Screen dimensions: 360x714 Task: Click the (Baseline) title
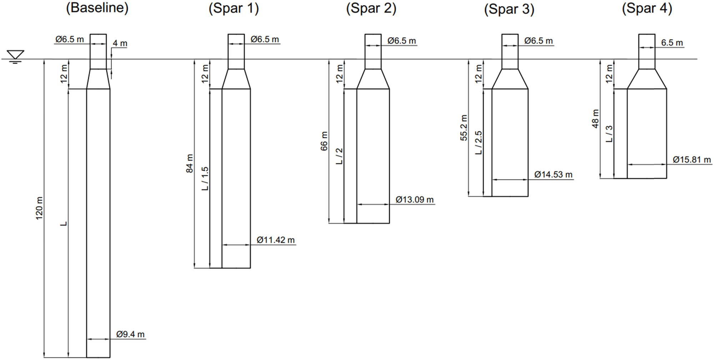97,8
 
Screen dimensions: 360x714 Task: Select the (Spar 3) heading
509,9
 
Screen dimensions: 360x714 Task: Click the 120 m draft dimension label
39,208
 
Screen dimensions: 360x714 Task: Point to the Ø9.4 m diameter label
130,334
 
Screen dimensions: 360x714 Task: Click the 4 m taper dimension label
120,43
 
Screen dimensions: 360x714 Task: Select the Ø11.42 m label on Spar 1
276,240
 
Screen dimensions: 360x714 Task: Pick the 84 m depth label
190,163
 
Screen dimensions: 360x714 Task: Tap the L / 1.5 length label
205,178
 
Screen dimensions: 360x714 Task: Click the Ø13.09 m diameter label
414,199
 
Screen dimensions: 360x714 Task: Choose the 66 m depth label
324,141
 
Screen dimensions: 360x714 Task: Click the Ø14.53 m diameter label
553,174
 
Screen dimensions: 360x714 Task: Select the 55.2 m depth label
463,128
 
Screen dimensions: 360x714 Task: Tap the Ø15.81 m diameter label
692,159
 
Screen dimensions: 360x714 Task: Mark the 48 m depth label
595,119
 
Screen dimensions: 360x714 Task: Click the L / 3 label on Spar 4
609,134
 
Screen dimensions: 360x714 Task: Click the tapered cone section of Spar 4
647,79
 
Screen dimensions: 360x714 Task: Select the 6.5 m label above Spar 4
672,43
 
